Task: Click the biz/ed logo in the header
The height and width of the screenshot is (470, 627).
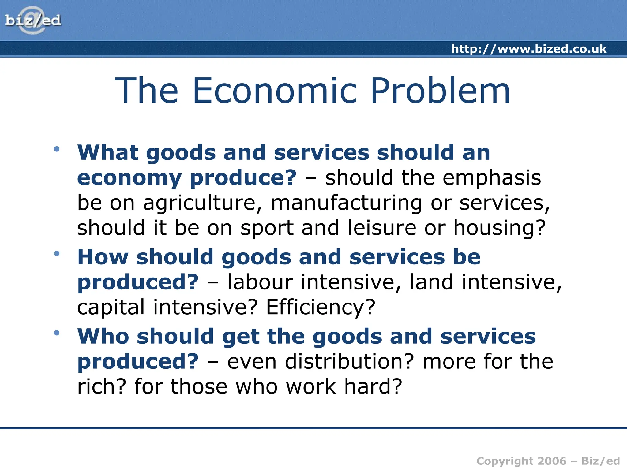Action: click(33, 20)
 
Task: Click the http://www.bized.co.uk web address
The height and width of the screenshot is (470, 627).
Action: click(529, 49)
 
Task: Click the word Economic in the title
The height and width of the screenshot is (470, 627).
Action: click(275, 91)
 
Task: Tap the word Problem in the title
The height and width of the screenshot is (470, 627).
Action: click(440, 91)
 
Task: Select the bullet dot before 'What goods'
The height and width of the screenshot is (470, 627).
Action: click(57, 149)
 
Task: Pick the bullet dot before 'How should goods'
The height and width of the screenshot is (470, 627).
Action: click(57, 253)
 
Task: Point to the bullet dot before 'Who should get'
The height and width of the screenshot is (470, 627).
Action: click(57, 333)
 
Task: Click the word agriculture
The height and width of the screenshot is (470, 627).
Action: click(203, 203)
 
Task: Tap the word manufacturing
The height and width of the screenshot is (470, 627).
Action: click(347, 203)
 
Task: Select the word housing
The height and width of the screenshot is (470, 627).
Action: click(499, 228)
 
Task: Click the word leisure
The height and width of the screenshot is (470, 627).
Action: click(382, 228)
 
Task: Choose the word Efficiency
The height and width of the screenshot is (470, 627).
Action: click(320, 307)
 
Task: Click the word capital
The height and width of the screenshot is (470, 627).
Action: click(111, 307)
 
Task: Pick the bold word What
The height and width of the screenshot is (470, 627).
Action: click(108, 152)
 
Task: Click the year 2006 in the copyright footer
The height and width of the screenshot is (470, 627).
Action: click(550, 461)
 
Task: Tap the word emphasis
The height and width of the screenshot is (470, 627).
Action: click(492, 178)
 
